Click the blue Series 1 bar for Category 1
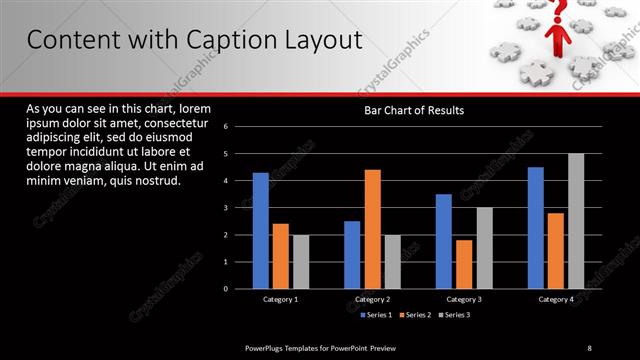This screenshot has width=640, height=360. click(261, 231)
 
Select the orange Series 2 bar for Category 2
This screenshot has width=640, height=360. click(372, 229)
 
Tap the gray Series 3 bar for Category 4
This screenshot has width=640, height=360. click(575, 221)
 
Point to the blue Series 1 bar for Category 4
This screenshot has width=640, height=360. click(535, 228)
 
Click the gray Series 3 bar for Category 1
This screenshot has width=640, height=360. click(301, 262)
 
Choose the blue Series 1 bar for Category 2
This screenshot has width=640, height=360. click(352, 255)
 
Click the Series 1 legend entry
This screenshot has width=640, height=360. click(375, 315)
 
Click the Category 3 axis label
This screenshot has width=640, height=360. click(464, 300)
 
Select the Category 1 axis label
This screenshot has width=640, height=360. click(281, 300)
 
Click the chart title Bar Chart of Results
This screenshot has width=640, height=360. click(414, 110)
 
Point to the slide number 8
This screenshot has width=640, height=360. click(589, 347)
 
